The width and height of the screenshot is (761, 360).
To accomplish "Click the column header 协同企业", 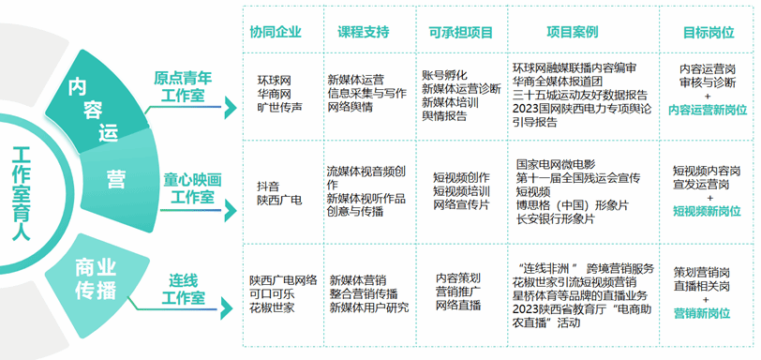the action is pos(276,32).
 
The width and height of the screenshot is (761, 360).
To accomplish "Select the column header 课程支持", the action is pos(364,32).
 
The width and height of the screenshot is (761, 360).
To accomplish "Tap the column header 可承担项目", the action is pos(460,32).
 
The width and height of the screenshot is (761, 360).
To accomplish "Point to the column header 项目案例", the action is pos(573,32).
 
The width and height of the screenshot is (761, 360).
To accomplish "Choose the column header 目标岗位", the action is pos(709,32).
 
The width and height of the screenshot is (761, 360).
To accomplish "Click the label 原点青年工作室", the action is pos(183,86).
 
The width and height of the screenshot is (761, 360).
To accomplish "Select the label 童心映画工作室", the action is pos(192,188).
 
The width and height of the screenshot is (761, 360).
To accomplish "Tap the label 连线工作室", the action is pos(183,289).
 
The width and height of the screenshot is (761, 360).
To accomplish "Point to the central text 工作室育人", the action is pos(21,193).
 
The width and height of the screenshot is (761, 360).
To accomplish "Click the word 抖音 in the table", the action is pos(268,187).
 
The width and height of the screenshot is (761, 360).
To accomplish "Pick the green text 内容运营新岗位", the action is pos(708,110).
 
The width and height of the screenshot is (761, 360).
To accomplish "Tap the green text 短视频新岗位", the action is pos(707,211).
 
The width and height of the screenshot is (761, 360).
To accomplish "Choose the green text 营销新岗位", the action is pos(702,313).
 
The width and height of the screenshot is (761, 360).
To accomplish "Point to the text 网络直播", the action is pos(458,306).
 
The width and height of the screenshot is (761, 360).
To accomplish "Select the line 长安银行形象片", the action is pos(555,218).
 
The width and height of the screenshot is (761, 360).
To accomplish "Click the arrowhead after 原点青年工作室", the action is pos(230,108).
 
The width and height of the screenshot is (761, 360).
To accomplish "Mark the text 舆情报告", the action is pos(444,116).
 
